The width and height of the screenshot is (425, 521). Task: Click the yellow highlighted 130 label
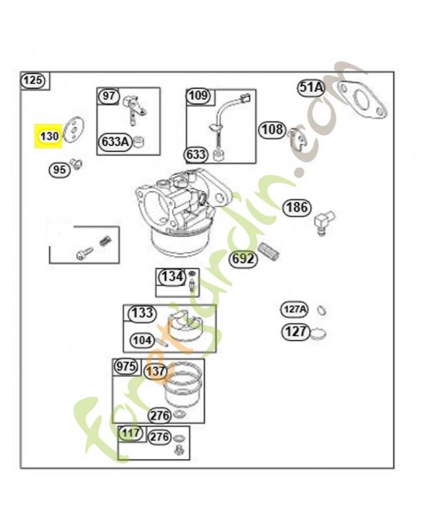49,137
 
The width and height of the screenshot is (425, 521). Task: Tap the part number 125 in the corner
33,81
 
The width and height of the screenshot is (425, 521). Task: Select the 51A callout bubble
312,87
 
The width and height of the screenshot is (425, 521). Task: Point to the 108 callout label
272,129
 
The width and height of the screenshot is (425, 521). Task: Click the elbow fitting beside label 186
324,222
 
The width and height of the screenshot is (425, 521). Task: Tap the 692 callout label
243,259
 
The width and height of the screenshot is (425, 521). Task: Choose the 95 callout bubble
59,170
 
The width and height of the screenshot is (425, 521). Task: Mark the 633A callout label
115,141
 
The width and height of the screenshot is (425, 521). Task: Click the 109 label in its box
199,96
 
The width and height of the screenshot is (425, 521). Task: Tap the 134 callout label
172,277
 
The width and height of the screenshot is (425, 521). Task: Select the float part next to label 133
184,324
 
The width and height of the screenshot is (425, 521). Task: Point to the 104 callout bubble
142,340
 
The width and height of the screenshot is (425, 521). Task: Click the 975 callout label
126,367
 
